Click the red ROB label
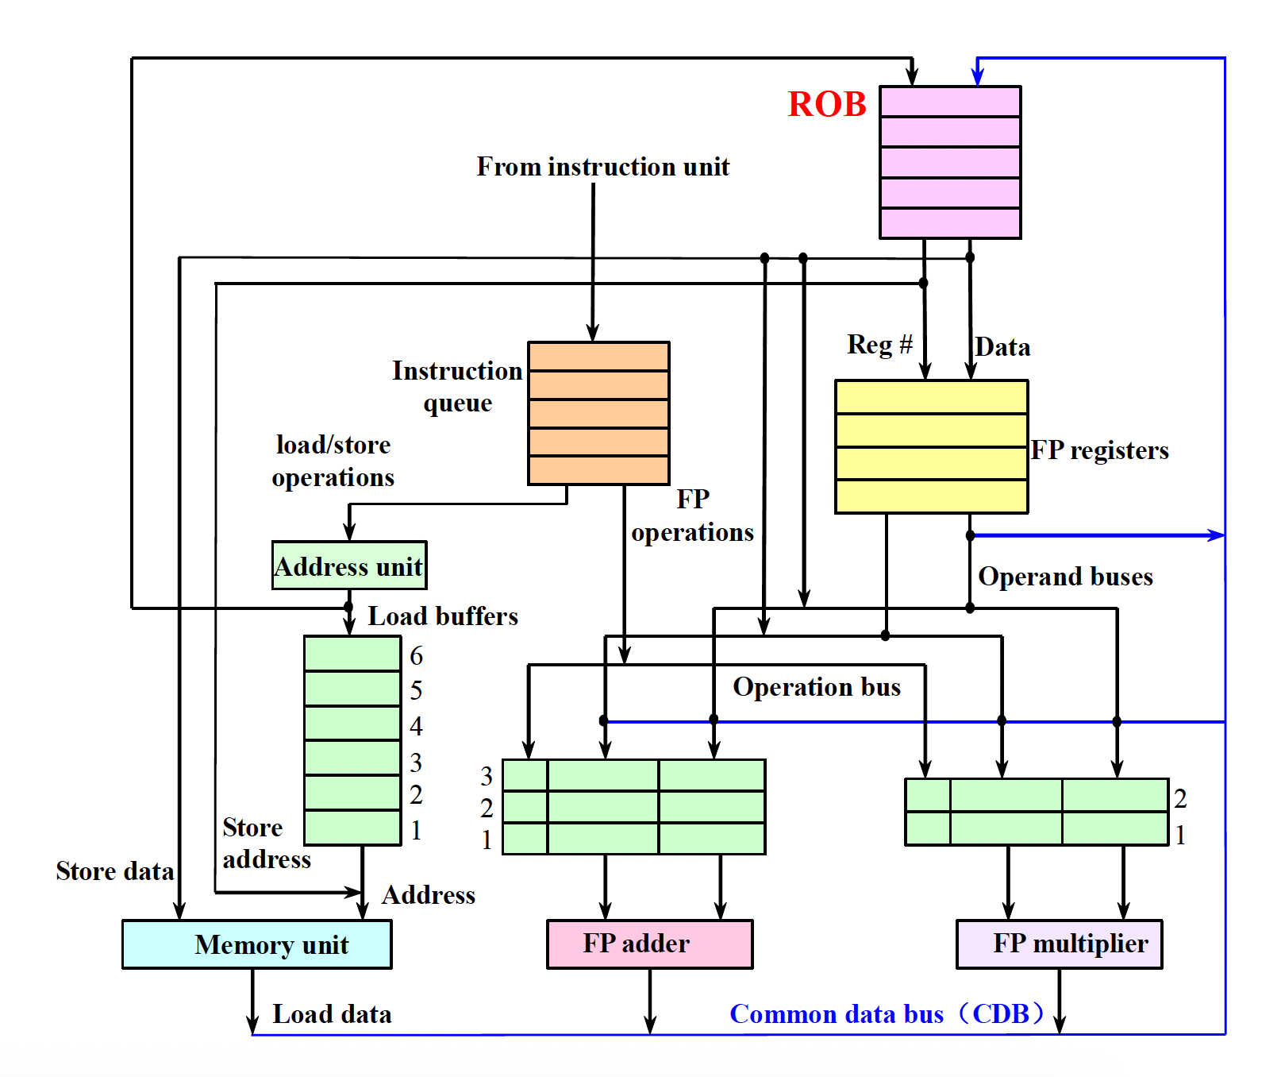(826, 104)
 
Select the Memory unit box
(256, 944)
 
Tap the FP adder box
(649, 944)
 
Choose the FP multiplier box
(1059, 944)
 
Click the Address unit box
(348, 566)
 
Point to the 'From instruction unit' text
(602, 167)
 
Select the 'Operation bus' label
(817, 687)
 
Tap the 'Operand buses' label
(1065, 577)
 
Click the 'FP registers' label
(1099, 450)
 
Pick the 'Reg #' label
(879, 345)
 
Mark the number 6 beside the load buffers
(416, 656)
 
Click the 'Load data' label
(332, 1014)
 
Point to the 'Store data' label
(115, 871)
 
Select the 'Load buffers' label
(443, 616)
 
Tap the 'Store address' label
(266, 843)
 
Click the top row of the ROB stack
(950, 102)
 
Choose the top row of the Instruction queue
(598, 357)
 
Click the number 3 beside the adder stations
(487, 776)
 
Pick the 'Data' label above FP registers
(1002, 347)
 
